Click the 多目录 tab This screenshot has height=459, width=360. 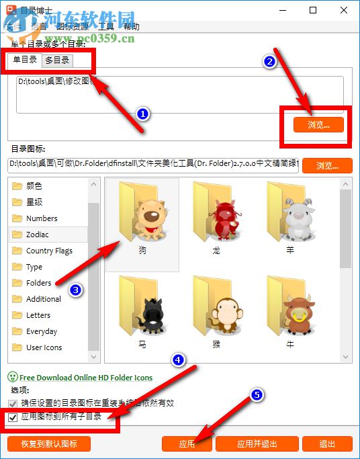(x=57, y=60)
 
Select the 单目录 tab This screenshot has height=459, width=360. (x=25, y=60)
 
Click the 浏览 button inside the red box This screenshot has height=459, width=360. (x=318, y=124)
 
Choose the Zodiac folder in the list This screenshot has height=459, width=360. (x=38, y=235)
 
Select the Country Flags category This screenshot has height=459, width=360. (x=49, y=251)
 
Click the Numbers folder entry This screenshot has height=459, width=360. (x=42, y=218)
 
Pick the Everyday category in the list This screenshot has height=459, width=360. (x=42, y=331)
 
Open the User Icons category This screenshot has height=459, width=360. (x=44, y=347)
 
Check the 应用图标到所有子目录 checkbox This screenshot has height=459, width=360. (x=13, y=417)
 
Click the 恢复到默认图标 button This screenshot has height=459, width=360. (x=49, y=444)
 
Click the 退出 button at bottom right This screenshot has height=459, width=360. (x=327, y=444)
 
